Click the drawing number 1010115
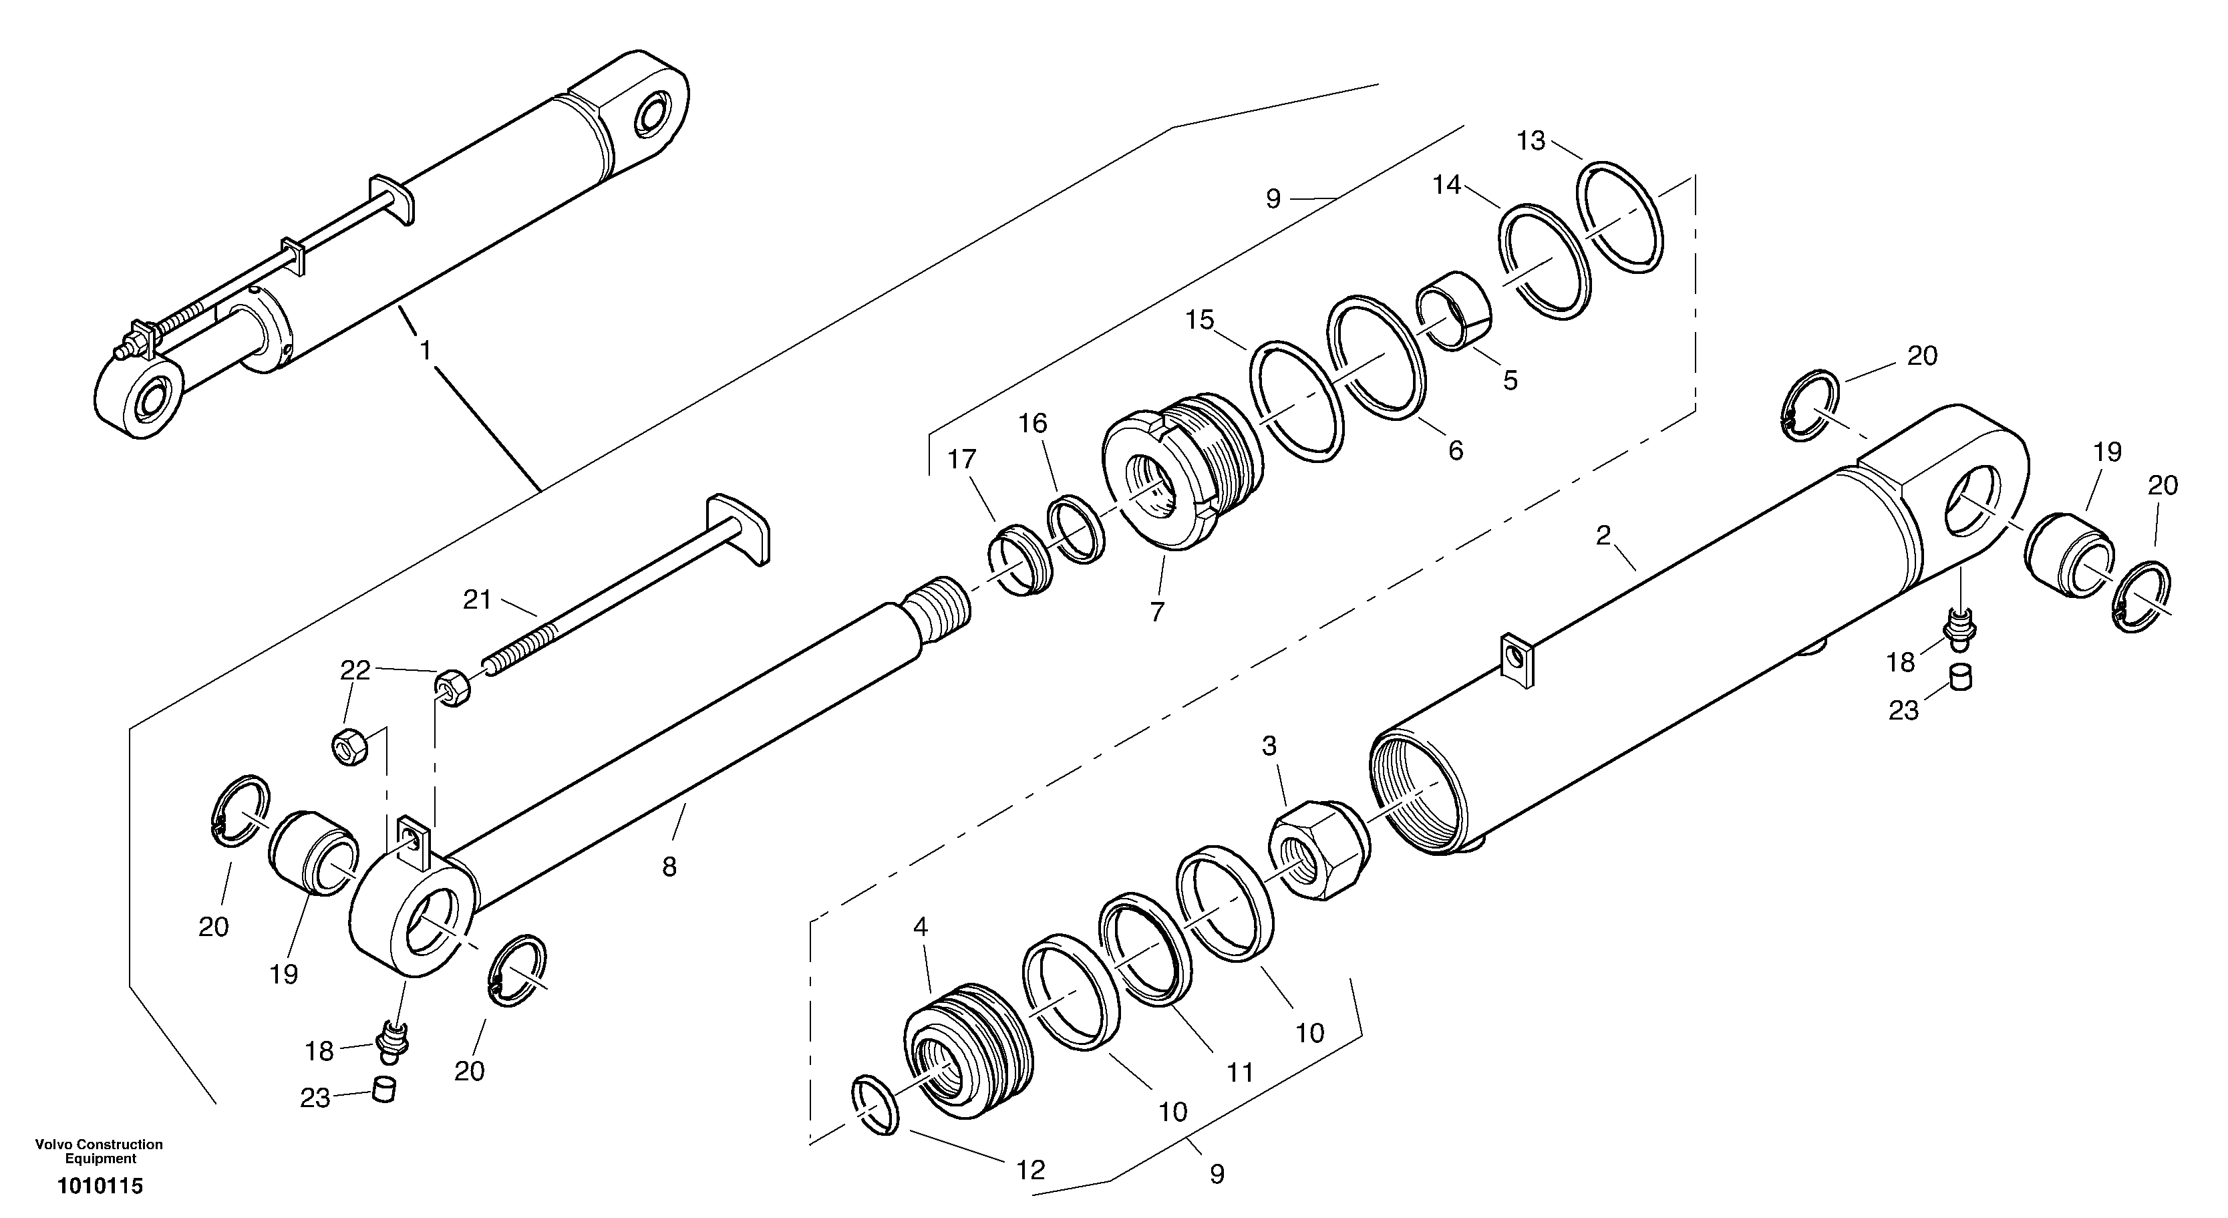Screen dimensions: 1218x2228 [100, 1186]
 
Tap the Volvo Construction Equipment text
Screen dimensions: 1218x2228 [99, 1151]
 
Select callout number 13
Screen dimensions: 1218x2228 [1531, 141]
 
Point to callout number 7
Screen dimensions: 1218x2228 [1157, 611]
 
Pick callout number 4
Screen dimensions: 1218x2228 [921, 927]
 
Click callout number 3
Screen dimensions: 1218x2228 [1269, 746]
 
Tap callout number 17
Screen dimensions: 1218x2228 [962, 460]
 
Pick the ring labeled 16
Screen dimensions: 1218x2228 [1075, 528]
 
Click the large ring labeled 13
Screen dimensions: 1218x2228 [1624, 217]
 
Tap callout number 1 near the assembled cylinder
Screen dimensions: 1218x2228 [425, 350]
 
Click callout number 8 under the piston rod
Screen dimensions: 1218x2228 [669, 867]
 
